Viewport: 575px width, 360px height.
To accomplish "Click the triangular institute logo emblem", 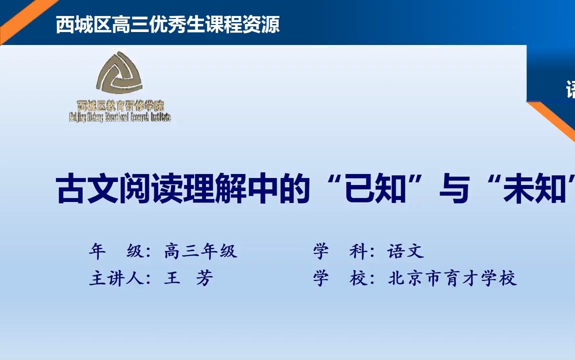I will (x=119, y=74).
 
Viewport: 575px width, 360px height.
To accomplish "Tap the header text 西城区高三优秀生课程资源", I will (x=167, y=24).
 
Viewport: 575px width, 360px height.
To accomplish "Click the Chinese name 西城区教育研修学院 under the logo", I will (x=120, y=106).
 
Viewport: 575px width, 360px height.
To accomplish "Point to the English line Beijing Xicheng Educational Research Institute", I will (x=120, y=117).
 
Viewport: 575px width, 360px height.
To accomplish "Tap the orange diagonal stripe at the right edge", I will (x=557, y=120).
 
